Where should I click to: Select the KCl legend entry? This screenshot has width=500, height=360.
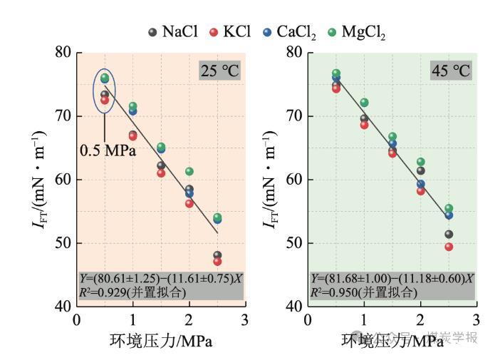(229, 32)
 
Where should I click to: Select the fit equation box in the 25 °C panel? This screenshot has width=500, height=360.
(160, 285)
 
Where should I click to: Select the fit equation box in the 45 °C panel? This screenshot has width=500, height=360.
(392, 285)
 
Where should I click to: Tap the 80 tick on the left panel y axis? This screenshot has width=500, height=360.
(63, 52)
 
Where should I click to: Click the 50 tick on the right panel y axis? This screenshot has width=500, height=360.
(295, 243)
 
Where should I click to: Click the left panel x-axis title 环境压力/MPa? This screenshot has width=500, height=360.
(161, 341)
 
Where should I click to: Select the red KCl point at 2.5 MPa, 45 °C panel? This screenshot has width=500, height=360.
(449, 247)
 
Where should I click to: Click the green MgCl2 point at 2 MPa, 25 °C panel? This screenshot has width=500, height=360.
(189, 171)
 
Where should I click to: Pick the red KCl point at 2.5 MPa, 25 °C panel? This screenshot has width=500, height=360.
(217, 262)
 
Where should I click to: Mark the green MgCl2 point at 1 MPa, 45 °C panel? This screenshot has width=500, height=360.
(365, 103)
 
